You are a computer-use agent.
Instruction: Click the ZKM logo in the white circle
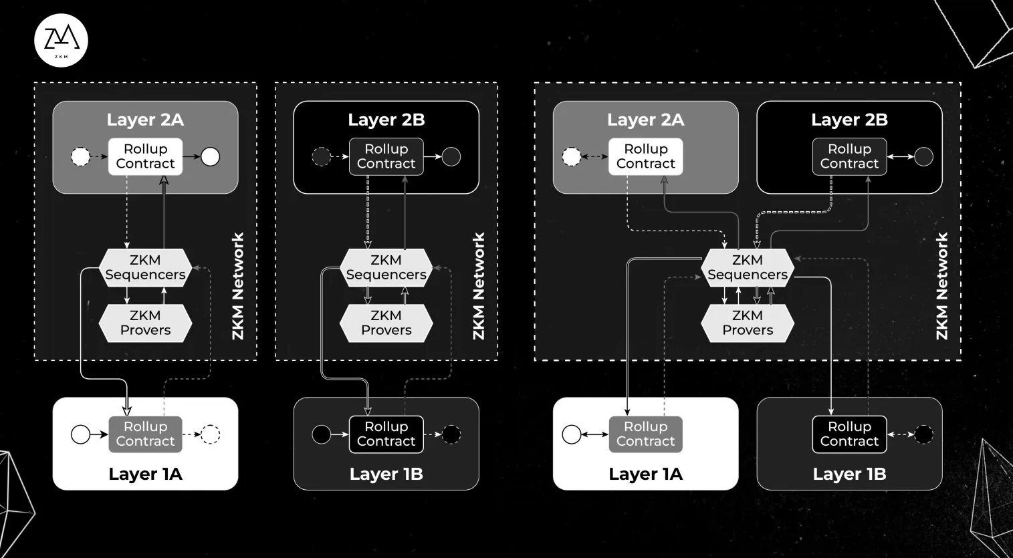[x=61, y=40]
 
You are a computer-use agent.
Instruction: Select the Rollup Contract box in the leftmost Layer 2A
[x=145, y=156]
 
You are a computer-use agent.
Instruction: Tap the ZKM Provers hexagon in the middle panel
[x=386, y=323]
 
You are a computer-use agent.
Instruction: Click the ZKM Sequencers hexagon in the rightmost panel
[x=747, y=267]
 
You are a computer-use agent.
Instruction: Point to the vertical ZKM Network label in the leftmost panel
[x=238, y=286]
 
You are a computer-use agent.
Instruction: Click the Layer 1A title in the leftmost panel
[x=145, y=474]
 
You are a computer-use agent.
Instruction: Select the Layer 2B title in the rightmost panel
[x=849, y=120]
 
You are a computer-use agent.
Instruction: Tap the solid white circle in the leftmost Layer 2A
[x=211, y=157]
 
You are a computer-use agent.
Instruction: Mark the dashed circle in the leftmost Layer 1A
[x=211, y=434]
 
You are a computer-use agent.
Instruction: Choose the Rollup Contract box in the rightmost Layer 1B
[x=849, y=434]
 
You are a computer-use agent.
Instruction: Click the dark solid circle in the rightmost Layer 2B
[x=923, y=157]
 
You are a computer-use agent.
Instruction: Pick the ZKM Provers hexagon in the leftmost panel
[x=145, y=323]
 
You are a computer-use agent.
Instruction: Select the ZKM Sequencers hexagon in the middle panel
[x=386, y=267]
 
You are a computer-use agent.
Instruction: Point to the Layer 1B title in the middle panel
[x=386, y=474]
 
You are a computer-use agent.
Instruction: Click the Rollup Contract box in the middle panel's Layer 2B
[x=386, y=156]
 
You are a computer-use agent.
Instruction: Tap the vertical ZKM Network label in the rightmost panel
[x=942, y=286]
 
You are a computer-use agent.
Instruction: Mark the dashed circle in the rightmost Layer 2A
[x=572, y=157]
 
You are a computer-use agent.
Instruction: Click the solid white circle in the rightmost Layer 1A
[x=572, y=434]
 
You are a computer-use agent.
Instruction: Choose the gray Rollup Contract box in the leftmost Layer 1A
[x=145, y=434]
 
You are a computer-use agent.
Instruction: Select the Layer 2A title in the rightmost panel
[x=645, y=120]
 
